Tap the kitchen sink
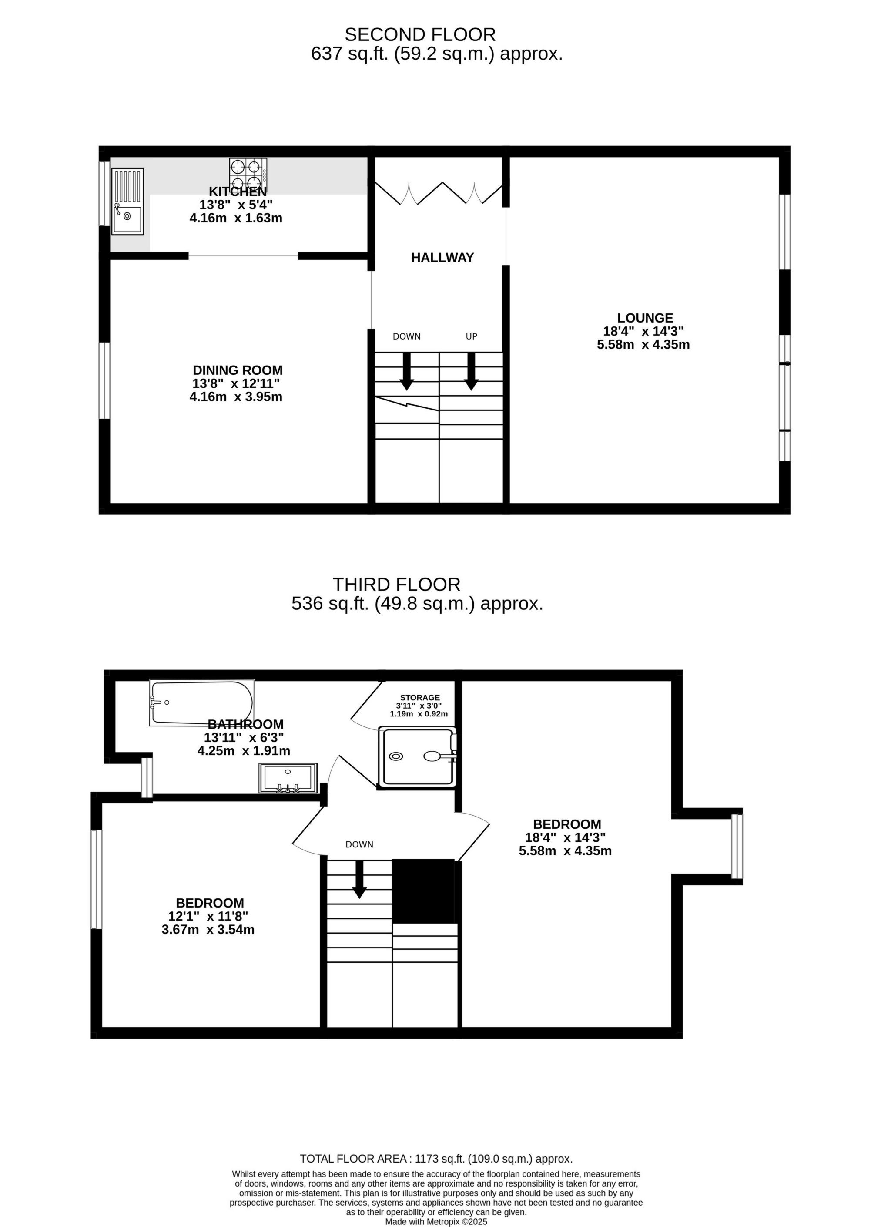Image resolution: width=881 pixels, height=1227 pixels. click(127, 201)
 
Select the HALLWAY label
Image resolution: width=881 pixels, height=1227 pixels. click(442, 258)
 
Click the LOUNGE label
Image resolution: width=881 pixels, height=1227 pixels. click(645, 318)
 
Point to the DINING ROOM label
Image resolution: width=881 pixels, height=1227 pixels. click(238, 370)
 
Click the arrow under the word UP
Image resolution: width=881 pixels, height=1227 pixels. click(471, 371)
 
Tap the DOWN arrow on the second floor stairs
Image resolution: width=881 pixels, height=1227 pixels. click(407, 371)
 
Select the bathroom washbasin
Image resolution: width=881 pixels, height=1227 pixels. click(288, 777)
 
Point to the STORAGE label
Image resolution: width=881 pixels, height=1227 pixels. click(420, 698)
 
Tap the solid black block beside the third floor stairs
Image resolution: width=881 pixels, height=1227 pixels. click(424, 891)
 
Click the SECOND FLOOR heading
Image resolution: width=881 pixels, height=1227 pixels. click(420, 35)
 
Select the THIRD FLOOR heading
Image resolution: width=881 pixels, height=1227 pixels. click(396, 585)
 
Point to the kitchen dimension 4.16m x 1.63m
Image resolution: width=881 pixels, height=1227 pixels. click(236, 218)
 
